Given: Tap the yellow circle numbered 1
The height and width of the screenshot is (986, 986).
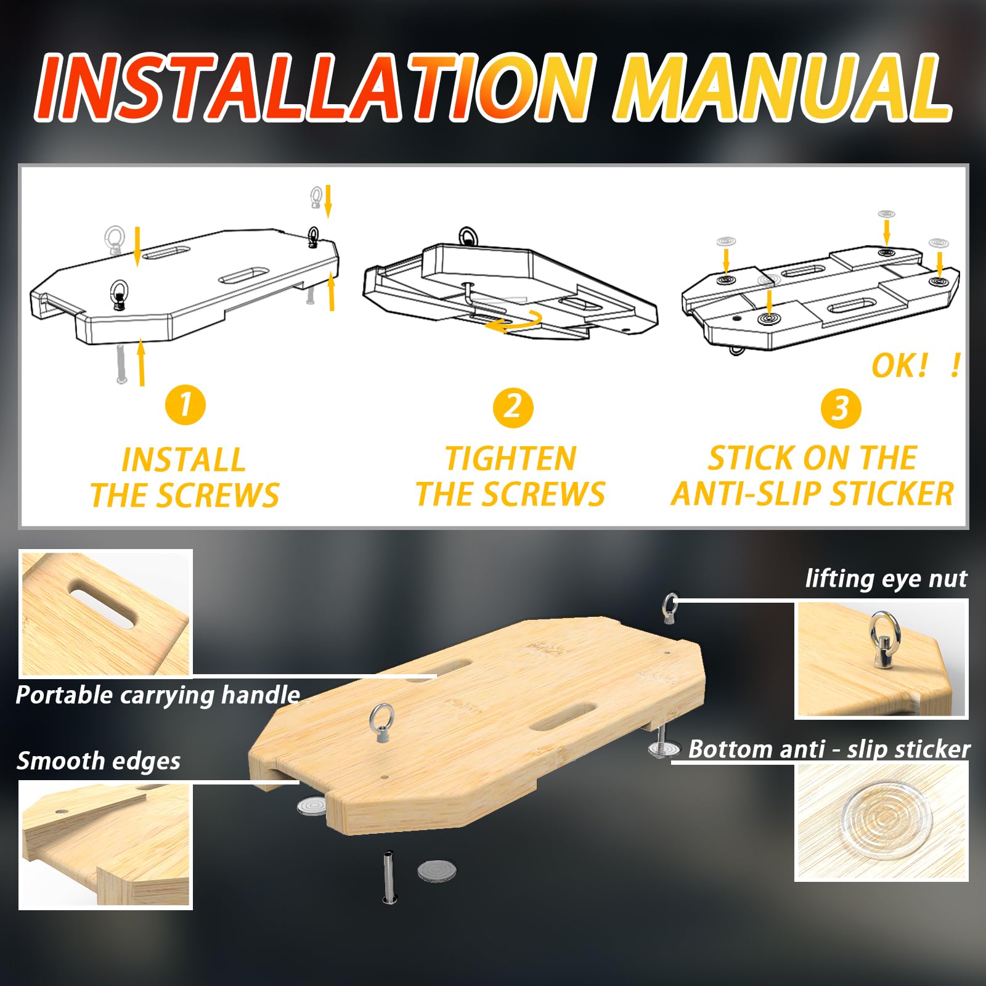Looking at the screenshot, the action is click(185, 405).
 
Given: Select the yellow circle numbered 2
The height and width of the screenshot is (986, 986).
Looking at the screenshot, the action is click(513, 407).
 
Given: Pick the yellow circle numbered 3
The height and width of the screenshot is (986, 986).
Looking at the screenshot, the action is click(841, 409).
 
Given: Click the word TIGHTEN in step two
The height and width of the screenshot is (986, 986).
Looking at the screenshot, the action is click(510, 459).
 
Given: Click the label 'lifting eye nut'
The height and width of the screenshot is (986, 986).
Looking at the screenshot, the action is click(886, 579).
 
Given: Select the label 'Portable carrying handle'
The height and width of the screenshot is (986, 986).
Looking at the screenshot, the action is click(158, 695).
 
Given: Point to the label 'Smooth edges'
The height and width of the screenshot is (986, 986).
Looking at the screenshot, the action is click(99, 761).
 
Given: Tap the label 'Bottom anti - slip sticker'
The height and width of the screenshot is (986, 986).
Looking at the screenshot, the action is click(829, 749).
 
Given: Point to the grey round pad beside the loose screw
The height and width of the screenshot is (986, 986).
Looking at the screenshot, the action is click(437, 871).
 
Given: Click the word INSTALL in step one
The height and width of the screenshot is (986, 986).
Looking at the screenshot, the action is click(184, 460).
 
